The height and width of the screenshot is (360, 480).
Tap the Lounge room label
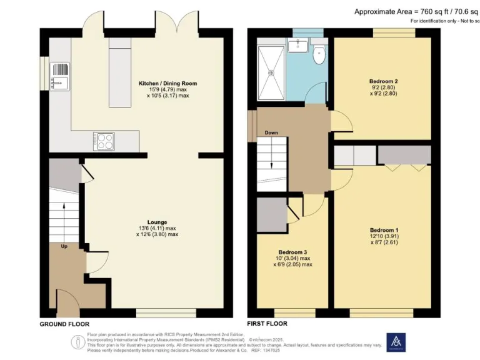157,221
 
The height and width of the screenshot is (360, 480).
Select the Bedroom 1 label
384,231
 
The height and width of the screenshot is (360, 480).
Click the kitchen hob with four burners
104,140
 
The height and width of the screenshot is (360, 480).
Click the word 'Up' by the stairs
64,247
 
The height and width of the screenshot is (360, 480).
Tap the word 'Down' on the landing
271,133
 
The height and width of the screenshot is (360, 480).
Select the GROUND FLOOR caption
64,324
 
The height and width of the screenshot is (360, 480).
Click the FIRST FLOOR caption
267,324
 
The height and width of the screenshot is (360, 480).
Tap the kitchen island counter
117,73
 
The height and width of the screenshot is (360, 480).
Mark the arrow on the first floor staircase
272,164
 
